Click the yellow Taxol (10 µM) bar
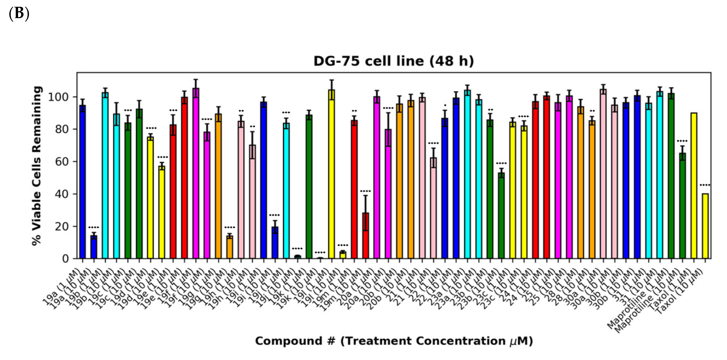tap(705, 226)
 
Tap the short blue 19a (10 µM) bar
tap(94, 247)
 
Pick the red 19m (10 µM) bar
tap(365, 236)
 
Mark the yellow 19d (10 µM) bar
tap(162, 212)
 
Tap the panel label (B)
tap(19, 14)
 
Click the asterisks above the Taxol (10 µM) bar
tap(705, 185)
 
